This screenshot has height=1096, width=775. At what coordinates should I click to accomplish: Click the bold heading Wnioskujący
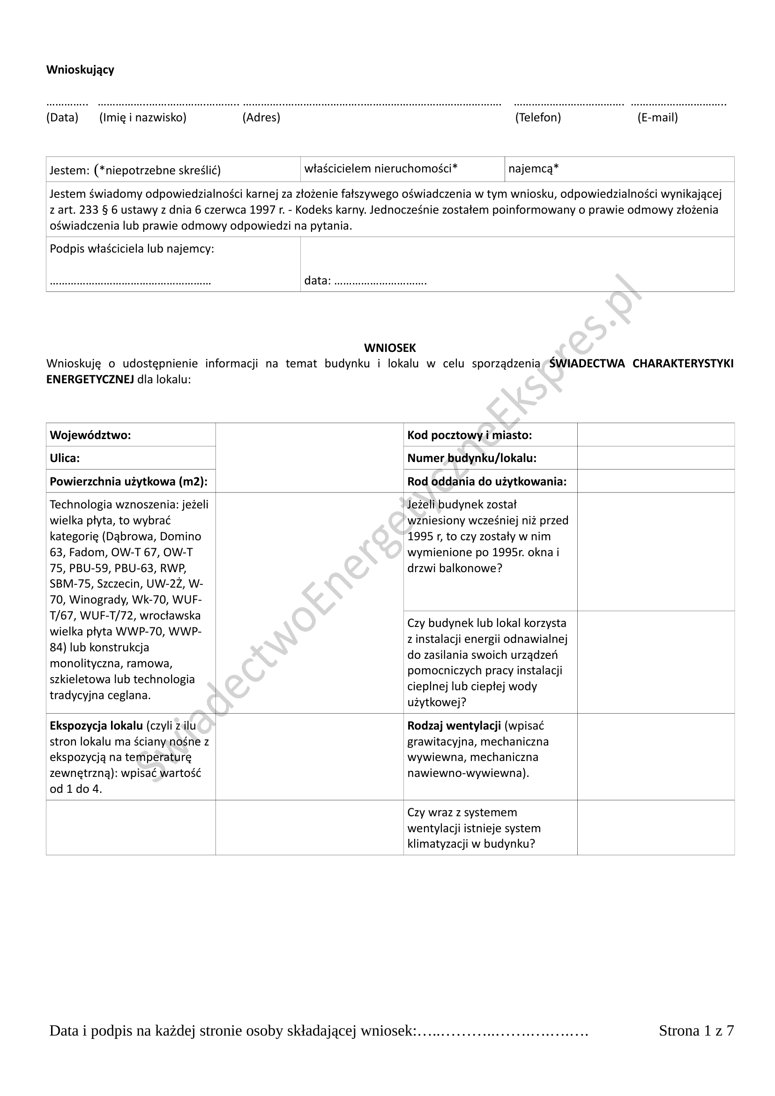coord(80,70)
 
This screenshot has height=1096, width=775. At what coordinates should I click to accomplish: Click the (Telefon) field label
coord(538,118)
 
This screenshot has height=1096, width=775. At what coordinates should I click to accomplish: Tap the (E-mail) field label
coord(657,118)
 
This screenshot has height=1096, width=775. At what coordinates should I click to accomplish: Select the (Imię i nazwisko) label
coord(143,118)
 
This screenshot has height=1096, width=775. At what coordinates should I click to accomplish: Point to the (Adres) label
coord(261,118)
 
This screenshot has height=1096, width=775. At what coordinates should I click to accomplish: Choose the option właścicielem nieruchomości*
coord(381,169)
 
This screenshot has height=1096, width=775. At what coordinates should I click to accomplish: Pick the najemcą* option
coord(534,169)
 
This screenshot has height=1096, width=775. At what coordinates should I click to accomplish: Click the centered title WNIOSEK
coord(390,348)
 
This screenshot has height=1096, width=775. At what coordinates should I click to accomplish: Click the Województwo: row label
coord(90,435)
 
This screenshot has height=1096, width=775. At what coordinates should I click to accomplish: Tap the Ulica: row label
coord(65,458)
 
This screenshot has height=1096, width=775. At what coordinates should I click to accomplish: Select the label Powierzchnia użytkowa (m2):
coord(128,482)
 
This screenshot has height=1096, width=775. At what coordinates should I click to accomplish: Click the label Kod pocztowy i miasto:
coord(469,435)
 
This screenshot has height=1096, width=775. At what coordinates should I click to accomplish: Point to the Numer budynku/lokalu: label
coord(471,458)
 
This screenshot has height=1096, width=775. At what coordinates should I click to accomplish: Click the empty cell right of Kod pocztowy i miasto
coord(655,435)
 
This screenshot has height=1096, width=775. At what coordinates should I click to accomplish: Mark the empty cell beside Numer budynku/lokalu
coord(655,458)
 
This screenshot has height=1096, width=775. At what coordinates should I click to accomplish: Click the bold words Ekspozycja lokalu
coord(97,725)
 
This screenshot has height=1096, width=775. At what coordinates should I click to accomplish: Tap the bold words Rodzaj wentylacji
coord(454,725)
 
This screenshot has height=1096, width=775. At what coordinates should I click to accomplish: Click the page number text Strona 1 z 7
coord(696,1031)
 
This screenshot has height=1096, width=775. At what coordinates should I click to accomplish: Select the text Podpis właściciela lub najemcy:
coord(132,249)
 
